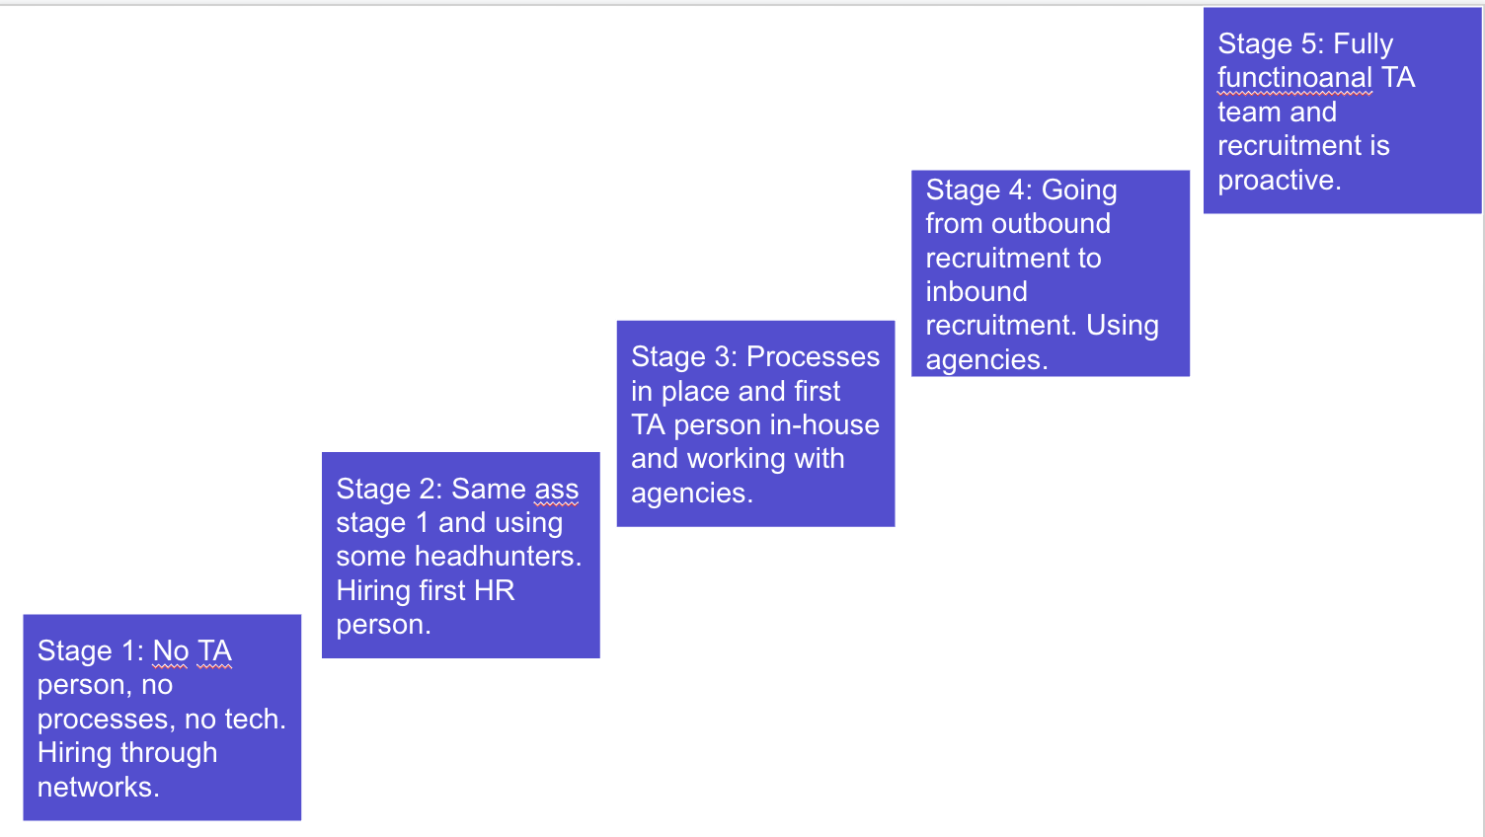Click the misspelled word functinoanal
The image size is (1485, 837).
1294,78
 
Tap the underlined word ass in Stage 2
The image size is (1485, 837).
556,491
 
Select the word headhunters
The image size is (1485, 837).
498,556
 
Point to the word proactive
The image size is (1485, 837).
1280,181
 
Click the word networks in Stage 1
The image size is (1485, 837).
98,788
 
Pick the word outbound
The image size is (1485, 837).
1051,223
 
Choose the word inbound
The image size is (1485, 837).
977,291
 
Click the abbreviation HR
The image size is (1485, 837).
494,590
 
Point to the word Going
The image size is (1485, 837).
1079,191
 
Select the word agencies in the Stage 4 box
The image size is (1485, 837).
986,360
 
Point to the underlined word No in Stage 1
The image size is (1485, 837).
171,651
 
